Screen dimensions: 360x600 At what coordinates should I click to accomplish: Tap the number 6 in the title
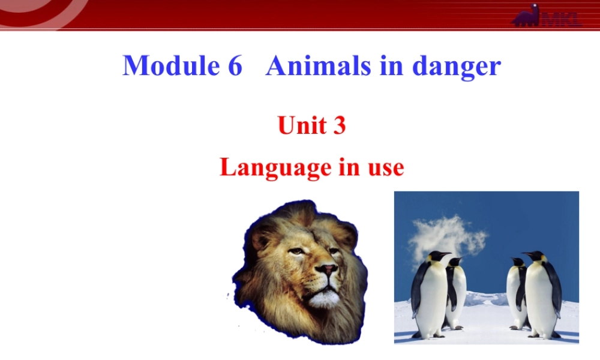234,65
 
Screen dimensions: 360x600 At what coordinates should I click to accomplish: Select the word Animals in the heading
319,65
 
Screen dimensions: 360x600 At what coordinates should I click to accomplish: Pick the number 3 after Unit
340,125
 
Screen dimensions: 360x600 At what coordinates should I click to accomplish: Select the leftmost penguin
430,294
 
